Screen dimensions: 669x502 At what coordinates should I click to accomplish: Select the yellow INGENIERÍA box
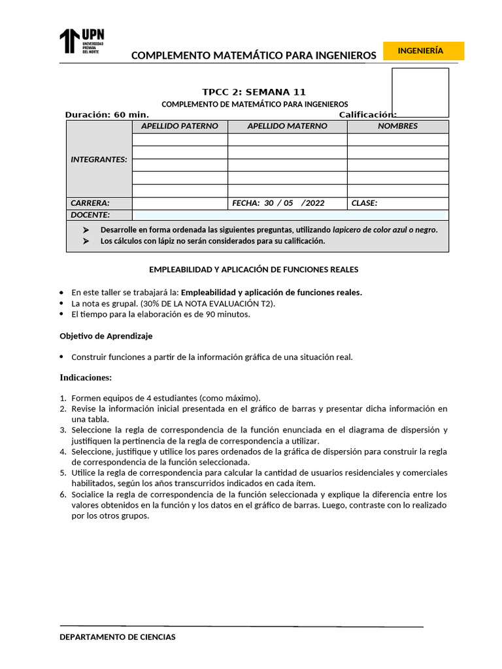tap(424, 51)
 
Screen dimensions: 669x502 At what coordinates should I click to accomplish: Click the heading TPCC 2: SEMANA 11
tap(254, 92)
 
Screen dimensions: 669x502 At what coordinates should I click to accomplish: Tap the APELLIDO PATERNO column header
tap(180, 126)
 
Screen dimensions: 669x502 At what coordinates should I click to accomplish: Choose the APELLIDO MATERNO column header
tap(287, 126)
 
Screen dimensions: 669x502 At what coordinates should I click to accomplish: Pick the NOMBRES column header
tap(397, 126)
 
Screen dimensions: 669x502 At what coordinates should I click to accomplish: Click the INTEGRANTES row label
tap(99, 159)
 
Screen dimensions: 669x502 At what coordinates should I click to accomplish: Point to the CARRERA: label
tap(90, 203)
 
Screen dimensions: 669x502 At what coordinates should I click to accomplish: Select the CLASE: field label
tap(364, 203)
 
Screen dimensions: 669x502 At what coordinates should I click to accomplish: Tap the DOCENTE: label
tap(90, 215)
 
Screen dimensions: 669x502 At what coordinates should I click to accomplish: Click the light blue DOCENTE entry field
tap(289, 215)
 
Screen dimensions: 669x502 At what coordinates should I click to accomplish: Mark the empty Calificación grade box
tap(420, 92)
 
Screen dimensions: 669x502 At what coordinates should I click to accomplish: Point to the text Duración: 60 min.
tap(107, 115)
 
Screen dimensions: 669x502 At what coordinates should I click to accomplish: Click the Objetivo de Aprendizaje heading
tap(107, 336)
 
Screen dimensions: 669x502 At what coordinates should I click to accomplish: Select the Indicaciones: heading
tap(86, 378)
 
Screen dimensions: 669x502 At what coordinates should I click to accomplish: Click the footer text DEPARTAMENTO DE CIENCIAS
tap(118, 637)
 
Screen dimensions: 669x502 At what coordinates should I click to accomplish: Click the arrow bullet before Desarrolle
tap(86, 230)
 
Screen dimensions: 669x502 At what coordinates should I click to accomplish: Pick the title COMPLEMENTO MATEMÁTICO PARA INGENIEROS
tap(254, 56)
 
